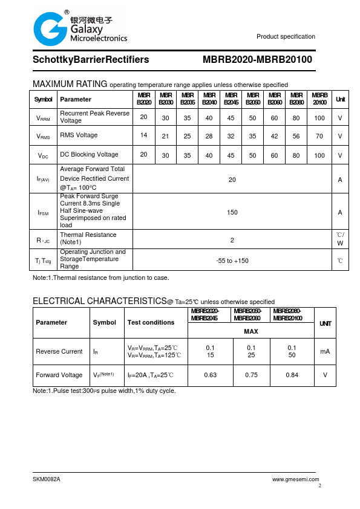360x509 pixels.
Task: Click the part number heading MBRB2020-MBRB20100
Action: point(257,60)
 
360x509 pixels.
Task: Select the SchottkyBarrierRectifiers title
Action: point(91,60)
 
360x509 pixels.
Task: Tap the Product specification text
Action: point(286,37)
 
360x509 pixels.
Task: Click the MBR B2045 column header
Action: point(231,99)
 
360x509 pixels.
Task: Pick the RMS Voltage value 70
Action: point(319,136)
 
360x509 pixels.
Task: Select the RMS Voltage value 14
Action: point(143,135)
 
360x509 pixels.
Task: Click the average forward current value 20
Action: point(232,179)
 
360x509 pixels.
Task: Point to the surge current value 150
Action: point(232,212)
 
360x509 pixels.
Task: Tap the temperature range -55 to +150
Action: point(232,261)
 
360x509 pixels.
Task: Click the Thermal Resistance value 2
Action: point(232,240)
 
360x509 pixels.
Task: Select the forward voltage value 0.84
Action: point(292,375)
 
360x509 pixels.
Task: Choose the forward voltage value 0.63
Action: point(211,375)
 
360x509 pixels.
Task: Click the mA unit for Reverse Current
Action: point(325,351)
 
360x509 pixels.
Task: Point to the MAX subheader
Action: point(251,331)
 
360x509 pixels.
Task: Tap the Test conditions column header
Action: point(151,322)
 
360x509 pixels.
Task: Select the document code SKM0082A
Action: point(47,479)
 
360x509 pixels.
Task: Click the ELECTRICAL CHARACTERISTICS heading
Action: point(99,301)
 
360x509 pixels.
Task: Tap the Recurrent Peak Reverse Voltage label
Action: point(94,117)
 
